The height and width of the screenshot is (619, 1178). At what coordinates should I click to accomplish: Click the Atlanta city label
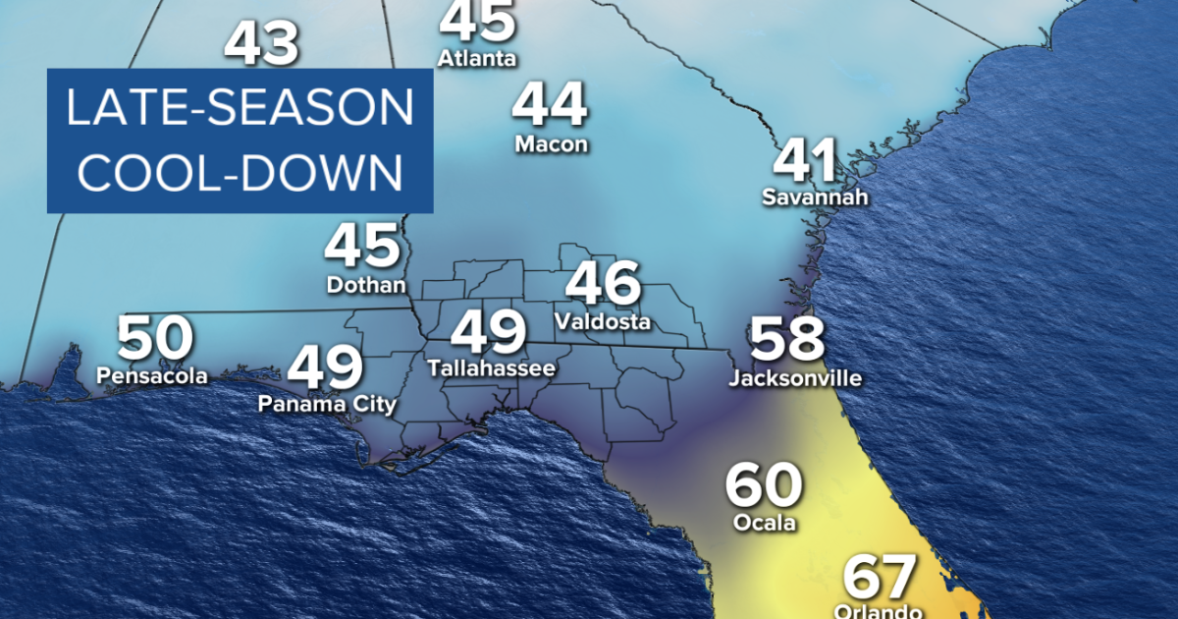click(x=476, y=58)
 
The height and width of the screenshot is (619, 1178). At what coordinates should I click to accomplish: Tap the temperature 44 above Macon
click(x=551, y=105)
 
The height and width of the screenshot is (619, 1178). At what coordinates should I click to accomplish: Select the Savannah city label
click(x=815, y=197)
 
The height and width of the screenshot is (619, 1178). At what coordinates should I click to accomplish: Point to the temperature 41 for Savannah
click(x=808, y=160)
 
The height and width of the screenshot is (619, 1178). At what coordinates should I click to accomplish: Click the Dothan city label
click(x=365, y=285)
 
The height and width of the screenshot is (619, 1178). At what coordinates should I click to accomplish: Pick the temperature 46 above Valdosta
click(x=604, y=284)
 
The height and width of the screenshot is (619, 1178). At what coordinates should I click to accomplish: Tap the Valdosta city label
click(x=603, y=321)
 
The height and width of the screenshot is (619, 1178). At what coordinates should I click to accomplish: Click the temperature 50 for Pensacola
click(x=155, y=338)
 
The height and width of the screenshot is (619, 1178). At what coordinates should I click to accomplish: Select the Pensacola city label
click(x=152, y=374)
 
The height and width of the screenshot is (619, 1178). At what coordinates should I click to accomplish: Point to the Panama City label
click(x=327, y=404)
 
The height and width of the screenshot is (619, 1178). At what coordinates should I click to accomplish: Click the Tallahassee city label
click(x=491, y=368)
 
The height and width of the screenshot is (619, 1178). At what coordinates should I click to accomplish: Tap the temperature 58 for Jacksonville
click(x=787, y=339)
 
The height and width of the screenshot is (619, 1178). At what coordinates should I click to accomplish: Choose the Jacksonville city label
click(x=795, y=377)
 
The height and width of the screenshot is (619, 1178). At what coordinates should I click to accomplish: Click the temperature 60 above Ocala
click(x=764, y=485)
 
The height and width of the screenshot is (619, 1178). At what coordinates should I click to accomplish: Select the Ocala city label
click(x=764, y=523)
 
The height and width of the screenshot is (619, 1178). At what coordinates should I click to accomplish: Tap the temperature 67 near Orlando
click(x=880, y=577)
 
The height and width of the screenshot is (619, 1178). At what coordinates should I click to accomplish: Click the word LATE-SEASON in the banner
click(x=240, y=109)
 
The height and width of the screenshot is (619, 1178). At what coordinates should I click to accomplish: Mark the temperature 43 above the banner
click(x=260, y=44)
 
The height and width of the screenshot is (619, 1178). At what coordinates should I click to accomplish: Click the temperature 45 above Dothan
click(x=363, y=247)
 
